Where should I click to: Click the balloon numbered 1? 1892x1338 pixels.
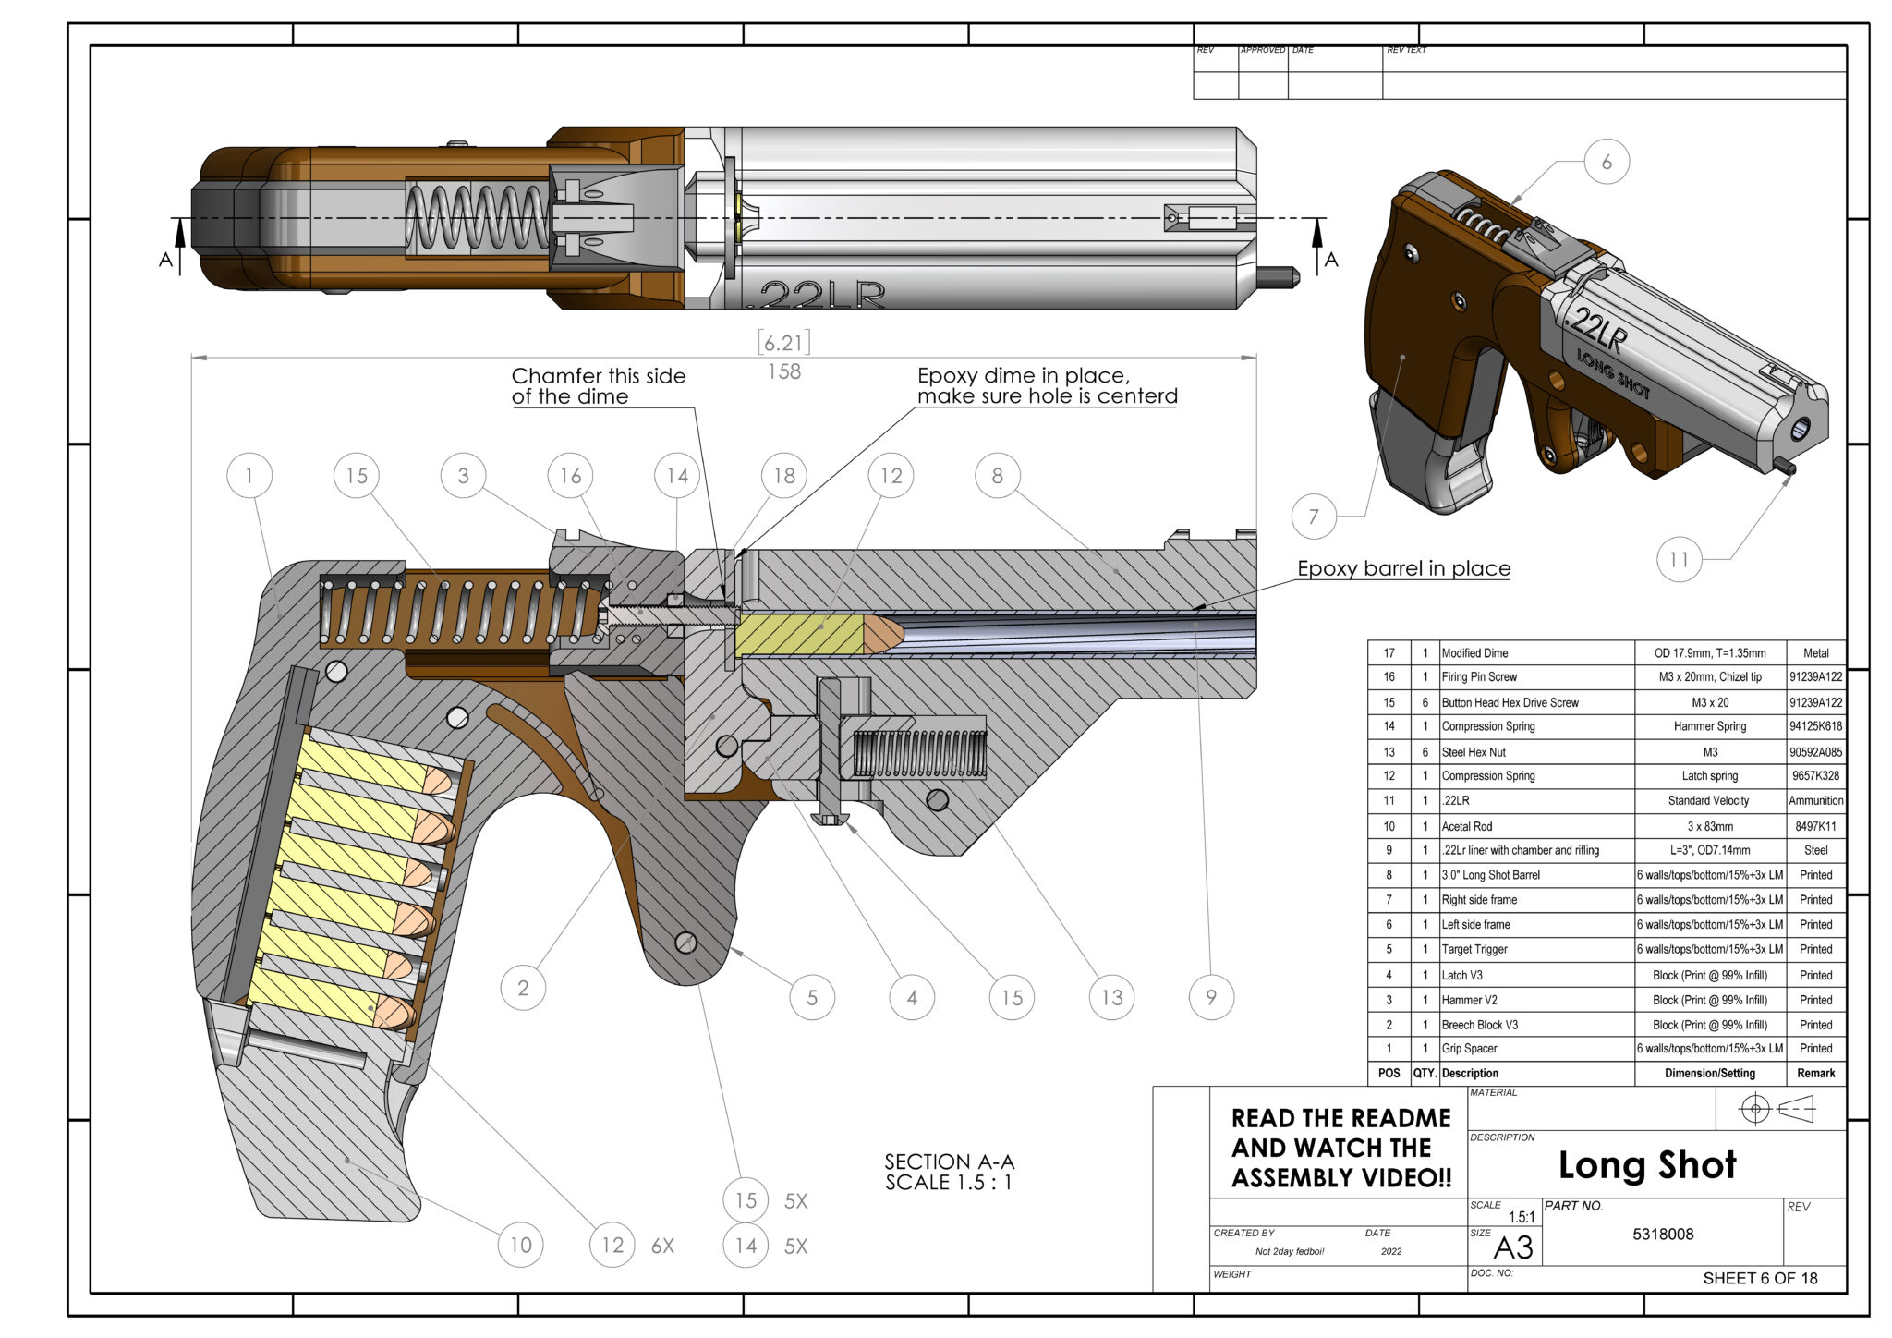[249, 476]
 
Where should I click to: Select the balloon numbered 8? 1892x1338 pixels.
[998, 476]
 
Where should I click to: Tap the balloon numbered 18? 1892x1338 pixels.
[784, 476]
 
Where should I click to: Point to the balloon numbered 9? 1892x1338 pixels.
[1211, 997]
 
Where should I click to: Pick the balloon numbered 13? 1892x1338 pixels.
[1111, 997]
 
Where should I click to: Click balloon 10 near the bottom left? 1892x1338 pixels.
[521, 1245]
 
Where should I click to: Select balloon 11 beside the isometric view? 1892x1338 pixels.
[1680, 559]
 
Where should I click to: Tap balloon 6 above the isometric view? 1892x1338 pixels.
[1607, 162]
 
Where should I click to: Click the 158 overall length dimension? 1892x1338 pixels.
[784, 371]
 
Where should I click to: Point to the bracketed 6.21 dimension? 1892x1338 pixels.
[784, 343]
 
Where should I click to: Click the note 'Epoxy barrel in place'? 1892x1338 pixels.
[1403, 568]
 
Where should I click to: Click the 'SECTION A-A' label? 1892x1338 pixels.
[949, 1162]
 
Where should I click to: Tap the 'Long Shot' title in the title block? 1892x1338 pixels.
[1647, 1165]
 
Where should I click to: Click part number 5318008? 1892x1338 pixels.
[1663, 1234]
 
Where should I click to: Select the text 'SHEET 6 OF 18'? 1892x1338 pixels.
[1760, 1278]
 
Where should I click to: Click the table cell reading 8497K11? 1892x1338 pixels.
[1815, 826]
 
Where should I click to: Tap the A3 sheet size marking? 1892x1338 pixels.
[1513, 1248]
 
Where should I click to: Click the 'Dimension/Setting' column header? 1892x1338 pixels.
[1709, 1073]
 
